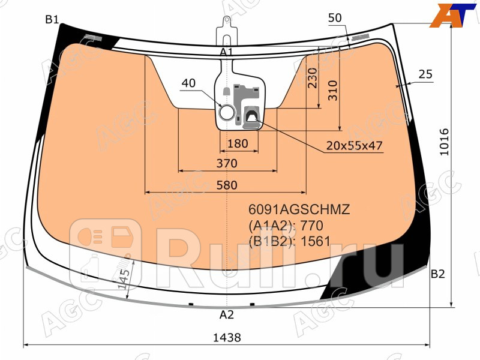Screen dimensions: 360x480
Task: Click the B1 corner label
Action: pos(52,19)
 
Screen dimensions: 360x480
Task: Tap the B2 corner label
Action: pos(437,274)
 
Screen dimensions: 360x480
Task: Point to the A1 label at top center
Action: pos(226,52)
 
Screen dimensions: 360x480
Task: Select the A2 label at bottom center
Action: pos(226,315)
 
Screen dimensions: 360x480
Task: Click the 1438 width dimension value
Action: pos(227,338)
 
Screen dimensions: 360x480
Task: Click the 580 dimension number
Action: pos(227,185)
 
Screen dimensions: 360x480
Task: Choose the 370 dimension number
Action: pos(227,163)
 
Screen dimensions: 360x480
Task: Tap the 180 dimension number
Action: pos(238,143)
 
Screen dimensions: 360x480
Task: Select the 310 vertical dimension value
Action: pos(334,90)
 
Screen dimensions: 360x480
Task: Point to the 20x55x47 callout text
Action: pos(355,145)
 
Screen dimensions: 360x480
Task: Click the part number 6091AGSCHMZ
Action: pos(299,210)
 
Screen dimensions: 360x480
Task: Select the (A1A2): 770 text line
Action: pos(286,226)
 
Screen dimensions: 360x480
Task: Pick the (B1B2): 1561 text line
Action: pos(290,241)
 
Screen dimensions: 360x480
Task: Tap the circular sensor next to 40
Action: pos(227,112)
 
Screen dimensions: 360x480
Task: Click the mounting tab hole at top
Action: pos(227,22)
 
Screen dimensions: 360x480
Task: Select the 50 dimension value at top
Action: pos(335,18)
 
